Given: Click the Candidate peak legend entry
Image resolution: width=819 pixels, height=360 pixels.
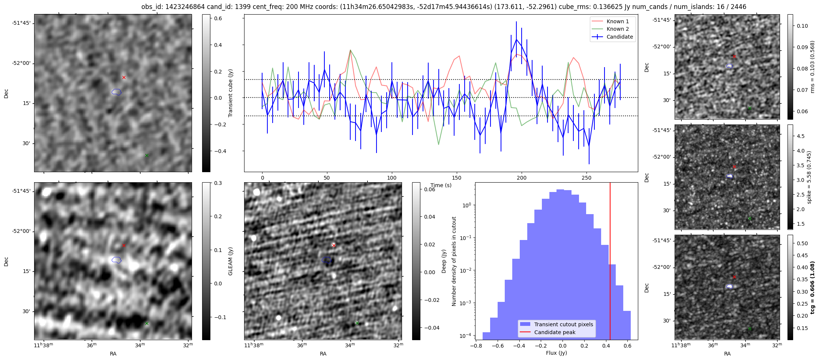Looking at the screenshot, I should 555,332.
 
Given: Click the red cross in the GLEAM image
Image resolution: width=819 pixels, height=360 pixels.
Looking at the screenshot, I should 124,246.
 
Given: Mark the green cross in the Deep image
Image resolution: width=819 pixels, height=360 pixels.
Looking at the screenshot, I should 357,323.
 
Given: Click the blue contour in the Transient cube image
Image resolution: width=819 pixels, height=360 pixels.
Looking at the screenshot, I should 117,92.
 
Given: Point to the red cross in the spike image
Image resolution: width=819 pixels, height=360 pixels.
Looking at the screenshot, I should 734,166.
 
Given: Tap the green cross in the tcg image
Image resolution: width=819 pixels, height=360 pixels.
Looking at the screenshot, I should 750,328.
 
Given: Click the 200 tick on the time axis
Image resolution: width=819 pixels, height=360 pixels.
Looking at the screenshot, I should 522,178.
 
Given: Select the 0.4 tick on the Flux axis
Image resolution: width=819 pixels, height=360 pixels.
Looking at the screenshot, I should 606,346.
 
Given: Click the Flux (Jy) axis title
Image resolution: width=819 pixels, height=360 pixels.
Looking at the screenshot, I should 556,353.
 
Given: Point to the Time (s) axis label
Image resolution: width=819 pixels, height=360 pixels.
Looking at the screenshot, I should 441,185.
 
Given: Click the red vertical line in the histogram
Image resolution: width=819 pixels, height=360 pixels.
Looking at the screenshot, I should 610,262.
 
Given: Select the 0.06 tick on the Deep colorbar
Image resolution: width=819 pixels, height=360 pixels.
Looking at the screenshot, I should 430,189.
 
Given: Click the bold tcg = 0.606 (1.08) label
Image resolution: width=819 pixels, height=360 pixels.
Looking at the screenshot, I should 813,287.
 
